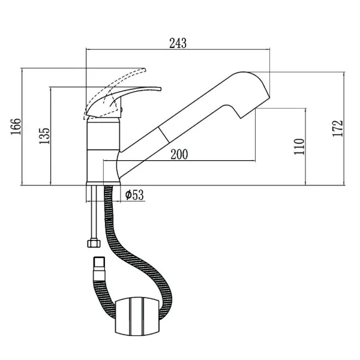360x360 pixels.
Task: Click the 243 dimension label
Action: [x=178, y=43]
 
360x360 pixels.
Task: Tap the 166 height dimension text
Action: [x=16, y=127]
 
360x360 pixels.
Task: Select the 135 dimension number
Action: [x=44, y=136]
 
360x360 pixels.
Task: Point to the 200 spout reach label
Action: [x=179, y=154]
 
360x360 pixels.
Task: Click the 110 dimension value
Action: [x=299, y=146]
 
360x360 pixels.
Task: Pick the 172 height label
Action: [x=338, y=128]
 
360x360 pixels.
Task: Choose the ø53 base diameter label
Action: [x=134, y=195]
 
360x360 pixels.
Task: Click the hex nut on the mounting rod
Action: [x=94, y=243]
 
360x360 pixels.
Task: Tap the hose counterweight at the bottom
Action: [x=137, y=317]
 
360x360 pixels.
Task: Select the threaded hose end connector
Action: [x=99, y=269]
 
